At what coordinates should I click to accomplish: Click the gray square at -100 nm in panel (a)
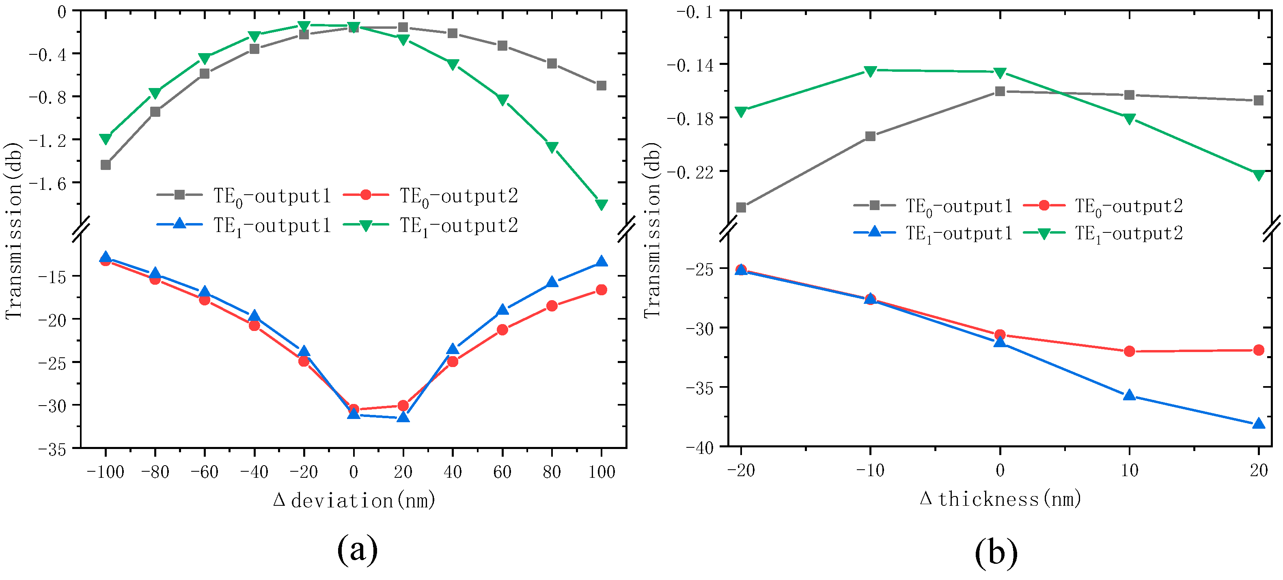[x=106, y=165]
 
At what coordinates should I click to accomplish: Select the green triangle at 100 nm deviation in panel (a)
[x=601, y=204]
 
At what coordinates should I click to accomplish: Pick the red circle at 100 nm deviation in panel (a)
[x=601, y=290]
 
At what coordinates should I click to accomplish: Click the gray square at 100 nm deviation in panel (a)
[x=601, y=86]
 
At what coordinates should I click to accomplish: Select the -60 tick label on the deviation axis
[x=204, y=471]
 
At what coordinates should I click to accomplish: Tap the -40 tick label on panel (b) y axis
[x=699, y=447]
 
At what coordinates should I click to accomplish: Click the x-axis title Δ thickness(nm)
[x=1000, y=498]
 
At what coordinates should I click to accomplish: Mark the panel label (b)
[x=996, y=552]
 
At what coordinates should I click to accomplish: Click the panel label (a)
[x=357, y=549]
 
